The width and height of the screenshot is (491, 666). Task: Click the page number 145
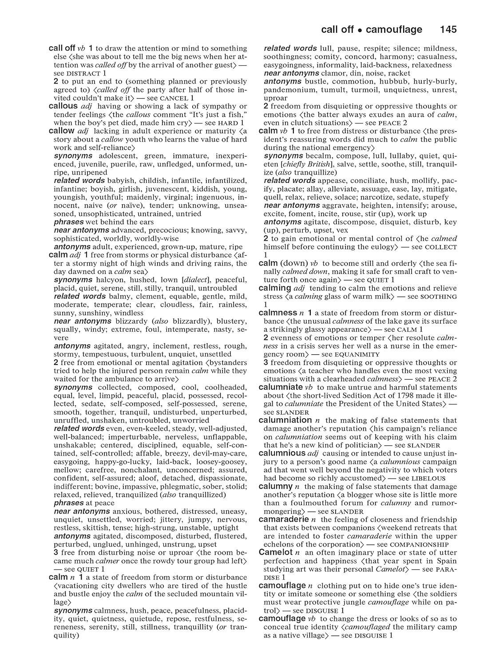448,30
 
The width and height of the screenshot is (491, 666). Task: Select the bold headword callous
63,106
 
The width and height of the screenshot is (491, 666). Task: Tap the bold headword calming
274,288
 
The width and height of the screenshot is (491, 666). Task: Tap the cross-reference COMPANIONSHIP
419,544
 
